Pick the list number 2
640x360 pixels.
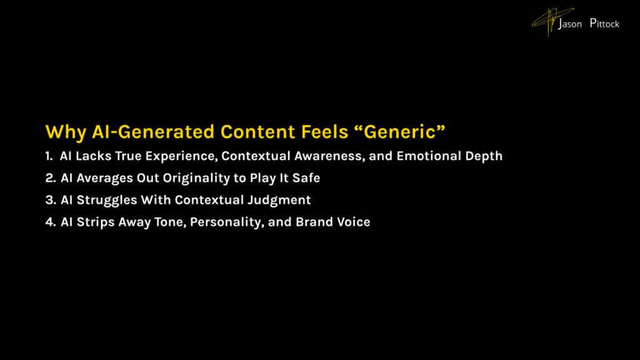[49, 178]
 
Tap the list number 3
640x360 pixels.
[49, 200]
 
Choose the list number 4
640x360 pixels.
[49, 222]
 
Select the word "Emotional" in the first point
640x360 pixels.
[426, 156]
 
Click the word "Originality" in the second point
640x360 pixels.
[188, 178]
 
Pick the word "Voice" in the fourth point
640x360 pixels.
[354, 222]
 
